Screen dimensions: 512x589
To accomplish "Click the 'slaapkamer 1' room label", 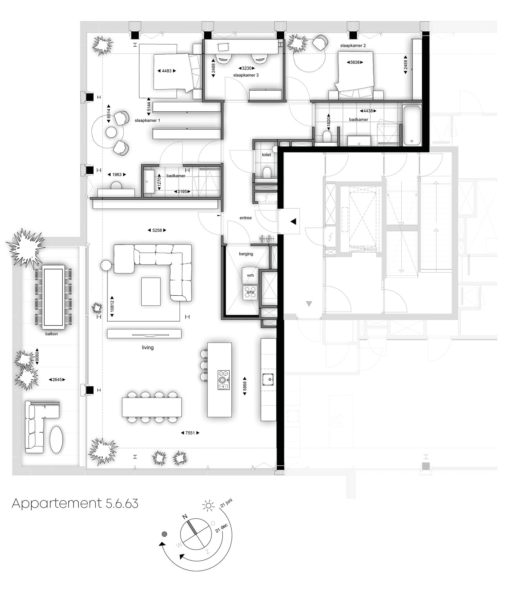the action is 147,121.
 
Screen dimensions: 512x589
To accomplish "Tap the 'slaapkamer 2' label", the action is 353,45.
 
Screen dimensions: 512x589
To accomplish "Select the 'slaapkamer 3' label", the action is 246,75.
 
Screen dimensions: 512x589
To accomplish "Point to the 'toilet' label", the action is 266,155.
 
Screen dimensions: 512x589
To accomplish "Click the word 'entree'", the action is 245,218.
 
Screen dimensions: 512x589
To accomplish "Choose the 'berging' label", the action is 246,254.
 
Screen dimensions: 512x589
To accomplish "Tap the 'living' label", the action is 148,347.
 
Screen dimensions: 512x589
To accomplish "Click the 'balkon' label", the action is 51,334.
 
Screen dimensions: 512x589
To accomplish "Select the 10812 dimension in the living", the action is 112,306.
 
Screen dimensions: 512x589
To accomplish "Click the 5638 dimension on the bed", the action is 355,62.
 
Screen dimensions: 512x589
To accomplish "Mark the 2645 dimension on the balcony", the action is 57,380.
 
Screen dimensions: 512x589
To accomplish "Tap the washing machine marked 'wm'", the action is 250,275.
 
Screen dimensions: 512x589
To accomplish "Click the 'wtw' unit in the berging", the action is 251,293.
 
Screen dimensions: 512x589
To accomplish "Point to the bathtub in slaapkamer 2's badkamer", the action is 412,125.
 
